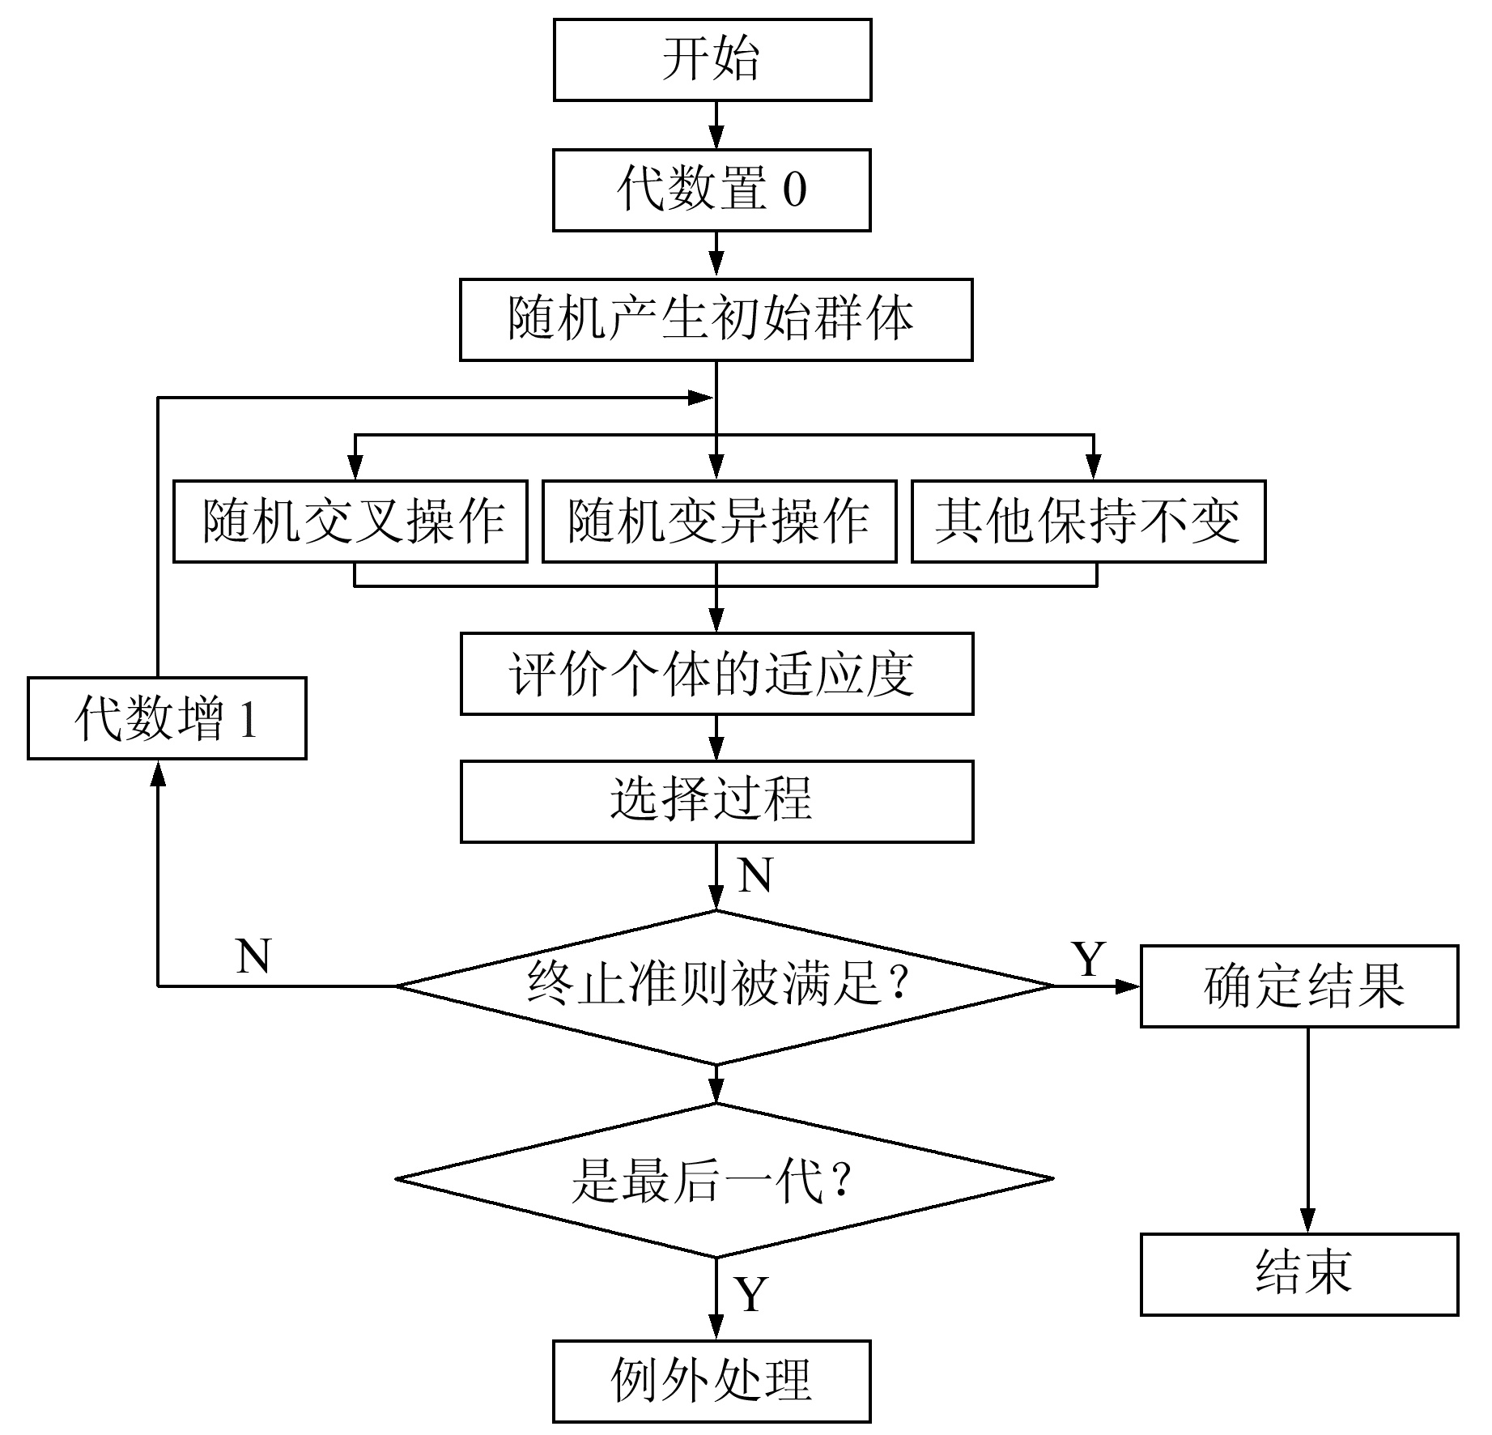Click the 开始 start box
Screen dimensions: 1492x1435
(x=712, y=60)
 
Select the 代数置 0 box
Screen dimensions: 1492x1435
(x=712, y=190)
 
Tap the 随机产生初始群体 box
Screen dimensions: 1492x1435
(x=716, y=320)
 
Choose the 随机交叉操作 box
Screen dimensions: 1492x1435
(x=351, y=522)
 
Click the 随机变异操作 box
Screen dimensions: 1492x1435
(x=720, y=522)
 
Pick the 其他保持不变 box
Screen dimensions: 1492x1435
(x=1089, y=522)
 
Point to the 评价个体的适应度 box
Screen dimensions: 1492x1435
(x=717, y=674)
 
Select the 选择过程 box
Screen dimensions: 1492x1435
(x=717, y=802)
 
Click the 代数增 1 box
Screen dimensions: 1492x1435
(x=167, y=718)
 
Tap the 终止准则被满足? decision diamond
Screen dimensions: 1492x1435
(x=725, y=987)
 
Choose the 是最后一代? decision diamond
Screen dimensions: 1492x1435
(x=725, y=1179)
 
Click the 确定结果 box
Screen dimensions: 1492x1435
(x=1300, y=986)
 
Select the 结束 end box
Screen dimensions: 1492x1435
(x=1300, y=1275)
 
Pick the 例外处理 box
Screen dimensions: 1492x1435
(x=712, y=1382)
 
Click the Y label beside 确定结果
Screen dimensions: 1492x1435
(x=1089, y=960)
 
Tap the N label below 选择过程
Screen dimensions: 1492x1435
(x=755, y=875)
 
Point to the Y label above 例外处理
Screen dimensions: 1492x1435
(x=750, y=1294)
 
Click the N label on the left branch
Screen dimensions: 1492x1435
(x=253, y=956)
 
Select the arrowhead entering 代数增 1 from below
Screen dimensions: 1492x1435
(x=159, y=773)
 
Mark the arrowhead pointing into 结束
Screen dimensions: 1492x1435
(x=1308, y=1220)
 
